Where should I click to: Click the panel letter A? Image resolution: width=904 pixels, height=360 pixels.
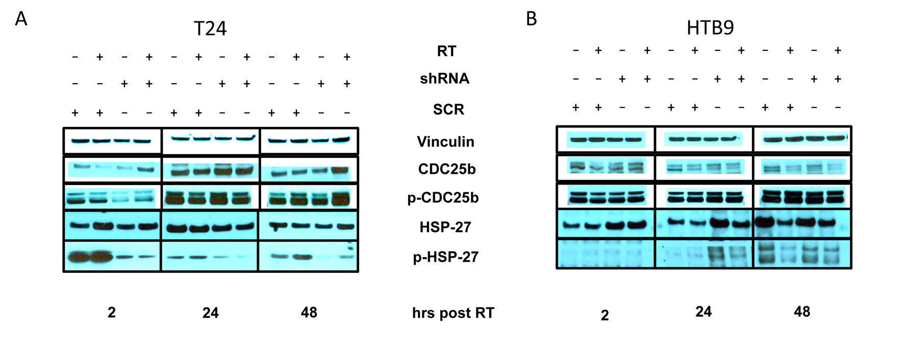click(21, 19)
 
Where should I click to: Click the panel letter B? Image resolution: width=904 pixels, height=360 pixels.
click(531, 19)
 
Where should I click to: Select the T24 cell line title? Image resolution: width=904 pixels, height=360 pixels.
click(210, 29)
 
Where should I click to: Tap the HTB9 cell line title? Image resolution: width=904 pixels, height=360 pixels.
click(710, 28)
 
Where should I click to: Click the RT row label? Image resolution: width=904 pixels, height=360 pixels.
click(446, 51)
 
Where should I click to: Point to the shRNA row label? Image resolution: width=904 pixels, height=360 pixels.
click(444, 79)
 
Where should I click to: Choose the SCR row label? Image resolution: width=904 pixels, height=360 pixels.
click(448, 110)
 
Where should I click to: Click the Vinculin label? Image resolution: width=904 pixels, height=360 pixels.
click(445, 142)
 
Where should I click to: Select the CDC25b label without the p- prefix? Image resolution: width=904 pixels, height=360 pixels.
click(446, 169)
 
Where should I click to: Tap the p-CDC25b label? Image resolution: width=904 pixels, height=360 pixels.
click(443, 198)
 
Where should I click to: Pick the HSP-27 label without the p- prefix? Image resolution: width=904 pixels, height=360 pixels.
click(445, 227)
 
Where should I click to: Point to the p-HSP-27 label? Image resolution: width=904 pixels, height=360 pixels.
click(445, 257)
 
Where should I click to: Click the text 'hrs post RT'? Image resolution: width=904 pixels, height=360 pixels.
click(453, 313)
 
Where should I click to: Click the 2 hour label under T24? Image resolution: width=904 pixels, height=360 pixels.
click(112, 312)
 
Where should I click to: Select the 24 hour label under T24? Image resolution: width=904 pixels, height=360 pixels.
click(210, 313)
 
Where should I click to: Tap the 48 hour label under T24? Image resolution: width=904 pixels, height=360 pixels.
click(309, 312)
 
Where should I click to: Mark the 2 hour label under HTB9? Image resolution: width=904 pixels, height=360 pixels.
click(605, 316)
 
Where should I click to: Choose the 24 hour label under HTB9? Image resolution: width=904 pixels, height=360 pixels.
click(703, 312)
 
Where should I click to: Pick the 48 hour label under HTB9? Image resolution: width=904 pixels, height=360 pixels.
click(801, 312)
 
